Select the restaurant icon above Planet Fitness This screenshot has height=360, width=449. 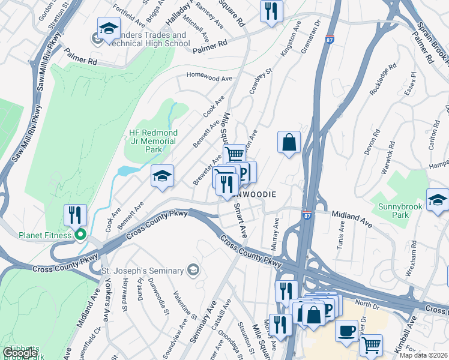[x=75, y=214]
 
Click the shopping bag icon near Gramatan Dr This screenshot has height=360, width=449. [x=289, y=142]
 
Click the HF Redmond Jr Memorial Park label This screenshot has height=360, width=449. [x=154, y=140]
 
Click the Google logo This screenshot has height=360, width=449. [x=20, y=353]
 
